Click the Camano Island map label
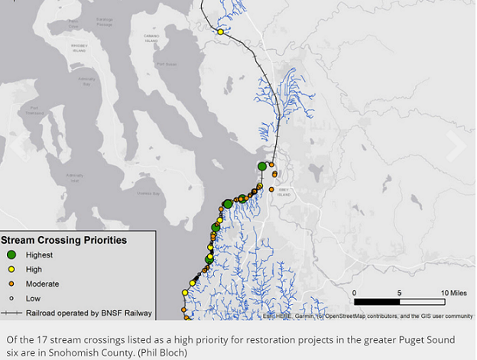click(144, 37)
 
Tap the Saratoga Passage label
click(104, 23)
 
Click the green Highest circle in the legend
click(11, 255)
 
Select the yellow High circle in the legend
click(11, 269)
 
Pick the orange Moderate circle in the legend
click(11, 284)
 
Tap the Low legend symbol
click(11, 298)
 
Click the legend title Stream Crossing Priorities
click(63, 240)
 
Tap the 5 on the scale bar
click(399, 292)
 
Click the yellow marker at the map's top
click(220, 31)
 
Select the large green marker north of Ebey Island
click(261, 166)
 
